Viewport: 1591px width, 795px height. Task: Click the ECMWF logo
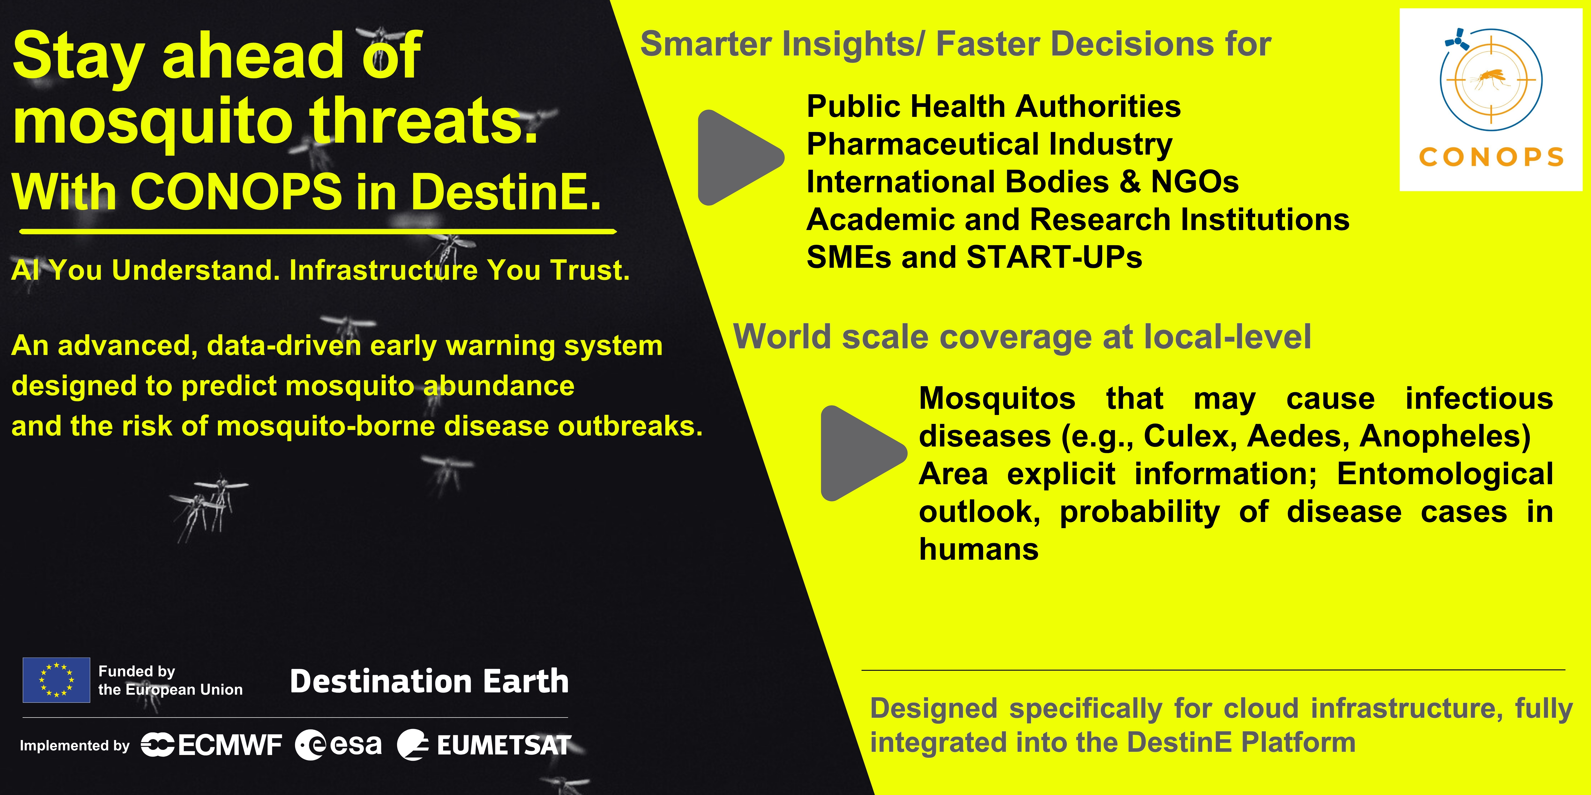(211, 745)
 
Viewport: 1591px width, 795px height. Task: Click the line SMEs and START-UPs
(974, 257)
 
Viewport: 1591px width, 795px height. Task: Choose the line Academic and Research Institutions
(1078, 220)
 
